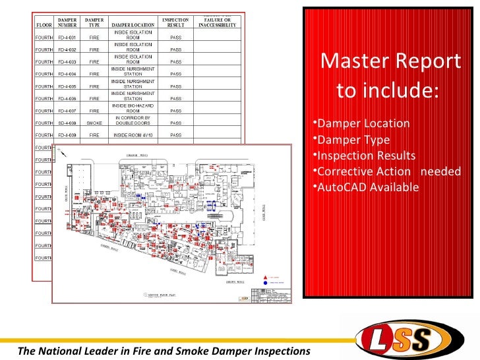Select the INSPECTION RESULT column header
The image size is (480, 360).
tap(176, 22)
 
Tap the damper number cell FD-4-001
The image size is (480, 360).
tap(67, 39)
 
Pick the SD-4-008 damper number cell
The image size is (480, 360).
tap(67, 123)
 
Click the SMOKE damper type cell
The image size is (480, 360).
tap(94, 123)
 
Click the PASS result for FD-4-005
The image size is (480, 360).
tap(176, 86)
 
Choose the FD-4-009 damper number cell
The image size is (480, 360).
tap(67, 135)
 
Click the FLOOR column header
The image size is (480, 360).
tap(44, 26)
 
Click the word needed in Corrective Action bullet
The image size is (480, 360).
tap(440, 171)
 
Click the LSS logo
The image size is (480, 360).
tap(402, 339)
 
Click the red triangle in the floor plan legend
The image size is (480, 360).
tap(266, 277)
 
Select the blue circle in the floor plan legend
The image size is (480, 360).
tap(266, 282)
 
